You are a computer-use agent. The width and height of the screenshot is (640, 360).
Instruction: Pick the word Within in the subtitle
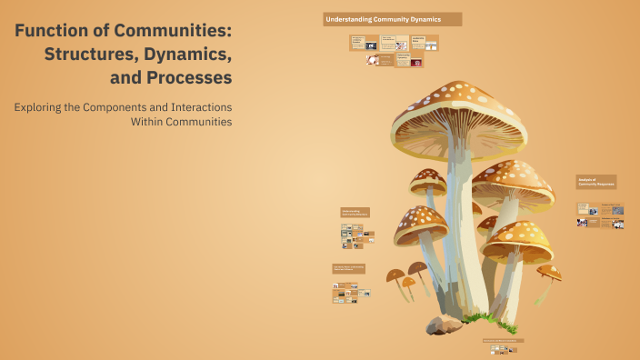[x=151, y=121]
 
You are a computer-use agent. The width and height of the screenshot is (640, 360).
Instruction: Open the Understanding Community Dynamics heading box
[x=392, y=19]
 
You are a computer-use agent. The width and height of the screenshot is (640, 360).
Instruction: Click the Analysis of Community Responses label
[x=596, y=182]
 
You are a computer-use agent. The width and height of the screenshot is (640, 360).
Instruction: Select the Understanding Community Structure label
[x=353, y=213]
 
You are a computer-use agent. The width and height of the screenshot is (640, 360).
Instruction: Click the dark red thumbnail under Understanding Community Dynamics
[x=416, y=63]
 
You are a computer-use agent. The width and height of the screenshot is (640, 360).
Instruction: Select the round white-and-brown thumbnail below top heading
[x=373, y=60]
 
